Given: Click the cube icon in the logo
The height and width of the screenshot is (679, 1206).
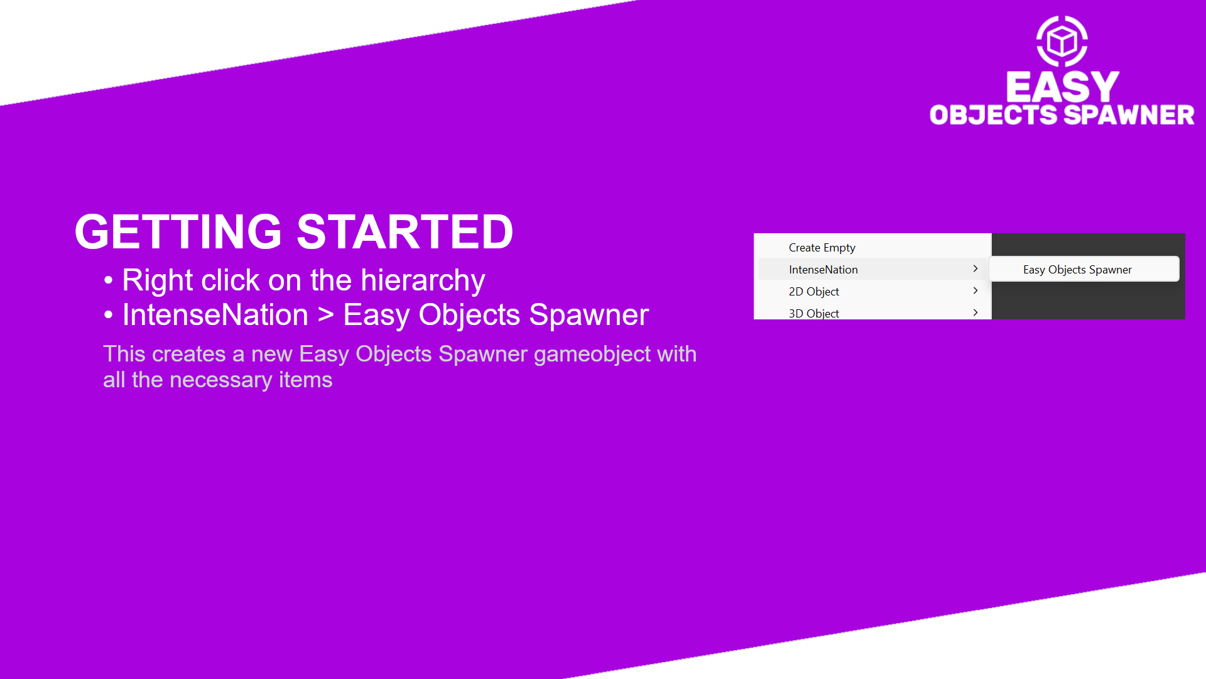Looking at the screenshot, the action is pyautogui.click(x=1062, y=41).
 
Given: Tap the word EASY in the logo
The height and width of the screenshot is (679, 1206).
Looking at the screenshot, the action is pyautogui.click(x=1062, y=86).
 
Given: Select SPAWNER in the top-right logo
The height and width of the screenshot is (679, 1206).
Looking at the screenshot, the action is pyautogui.click(x=1129, y=115).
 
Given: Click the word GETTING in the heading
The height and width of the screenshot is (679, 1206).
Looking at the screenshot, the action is pyautogui.click(x=178, y=232).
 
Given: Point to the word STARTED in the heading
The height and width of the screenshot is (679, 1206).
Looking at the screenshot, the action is pyautogui.click(x=405, y=232).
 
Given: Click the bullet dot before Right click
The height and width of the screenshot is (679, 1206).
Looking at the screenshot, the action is pyautogui.click(x=109, y=280).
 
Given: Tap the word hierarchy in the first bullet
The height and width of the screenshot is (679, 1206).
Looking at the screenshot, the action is pyautogui.click(x=423, y=280).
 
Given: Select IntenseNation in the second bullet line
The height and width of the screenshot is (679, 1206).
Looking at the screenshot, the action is pyautogui.click(x=215, y=314).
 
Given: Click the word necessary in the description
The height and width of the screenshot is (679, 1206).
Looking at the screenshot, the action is pyautogui.click(x=220, y=380).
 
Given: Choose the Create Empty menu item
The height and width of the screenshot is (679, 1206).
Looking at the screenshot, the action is pyautogui.click(x=822, y=248).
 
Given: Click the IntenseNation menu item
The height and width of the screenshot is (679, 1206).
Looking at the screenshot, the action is pyautogui.click(x=823, y=270).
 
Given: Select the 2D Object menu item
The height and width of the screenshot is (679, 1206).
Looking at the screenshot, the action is pyautogui.click(x=814, y=292).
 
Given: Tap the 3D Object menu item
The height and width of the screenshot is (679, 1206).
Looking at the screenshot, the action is pyautogui.click(x=814, y=313).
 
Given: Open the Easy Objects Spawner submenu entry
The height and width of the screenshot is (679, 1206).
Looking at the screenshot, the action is pyautogui.click(x=1077, y=270).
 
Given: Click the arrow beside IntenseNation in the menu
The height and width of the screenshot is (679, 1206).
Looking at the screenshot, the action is pyautogui.click(x=975, y=268).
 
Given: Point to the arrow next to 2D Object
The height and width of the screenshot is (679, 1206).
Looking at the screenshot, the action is pyautogui.click(x=975, y=290).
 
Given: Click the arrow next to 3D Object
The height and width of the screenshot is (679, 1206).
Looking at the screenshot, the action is pyautogui.click(x=975, y=312).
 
